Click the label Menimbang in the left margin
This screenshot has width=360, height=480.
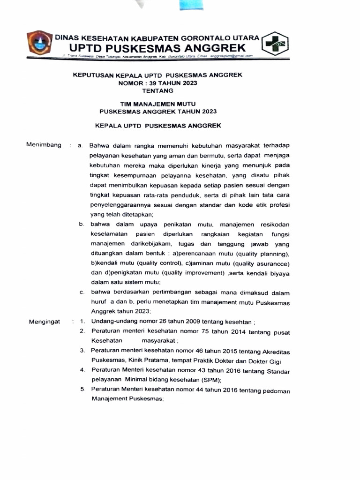coord(44,145)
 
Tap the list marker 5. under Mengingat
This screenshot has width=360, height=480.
coord(82,390)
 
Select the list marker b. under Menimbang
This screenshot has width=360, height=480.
coord(82,225)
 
